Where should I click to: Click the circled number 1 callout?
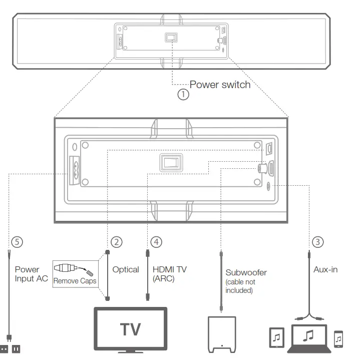click(x=184, y=94)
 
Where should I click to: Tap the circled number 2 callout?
click(x=116, y=242)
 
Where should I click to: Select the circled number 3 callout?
click(x=317, y=242)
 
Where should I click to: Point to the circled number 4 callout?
click(x=157, y=242)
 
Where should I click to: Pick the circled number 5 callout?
click(x=18, y=242)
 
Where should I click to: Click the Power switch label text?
click(x=219, y=85)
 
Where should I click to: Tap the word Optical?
click(x=125, y=270)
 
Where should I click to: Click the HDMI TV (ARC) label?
click(x=169, y=274)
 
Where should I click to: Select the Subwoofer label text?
click(x=246, y=273)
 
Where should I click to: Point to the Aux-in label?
click(x=325, y=270)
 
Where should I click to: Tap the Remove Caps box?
click(x=75, y=273)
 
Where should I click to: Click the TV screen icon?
click(x=130, y=329)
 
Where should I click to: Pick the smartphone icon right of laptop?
click(x=338, y=339)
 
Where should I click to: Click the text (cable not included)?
click(x=239, y=286)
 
